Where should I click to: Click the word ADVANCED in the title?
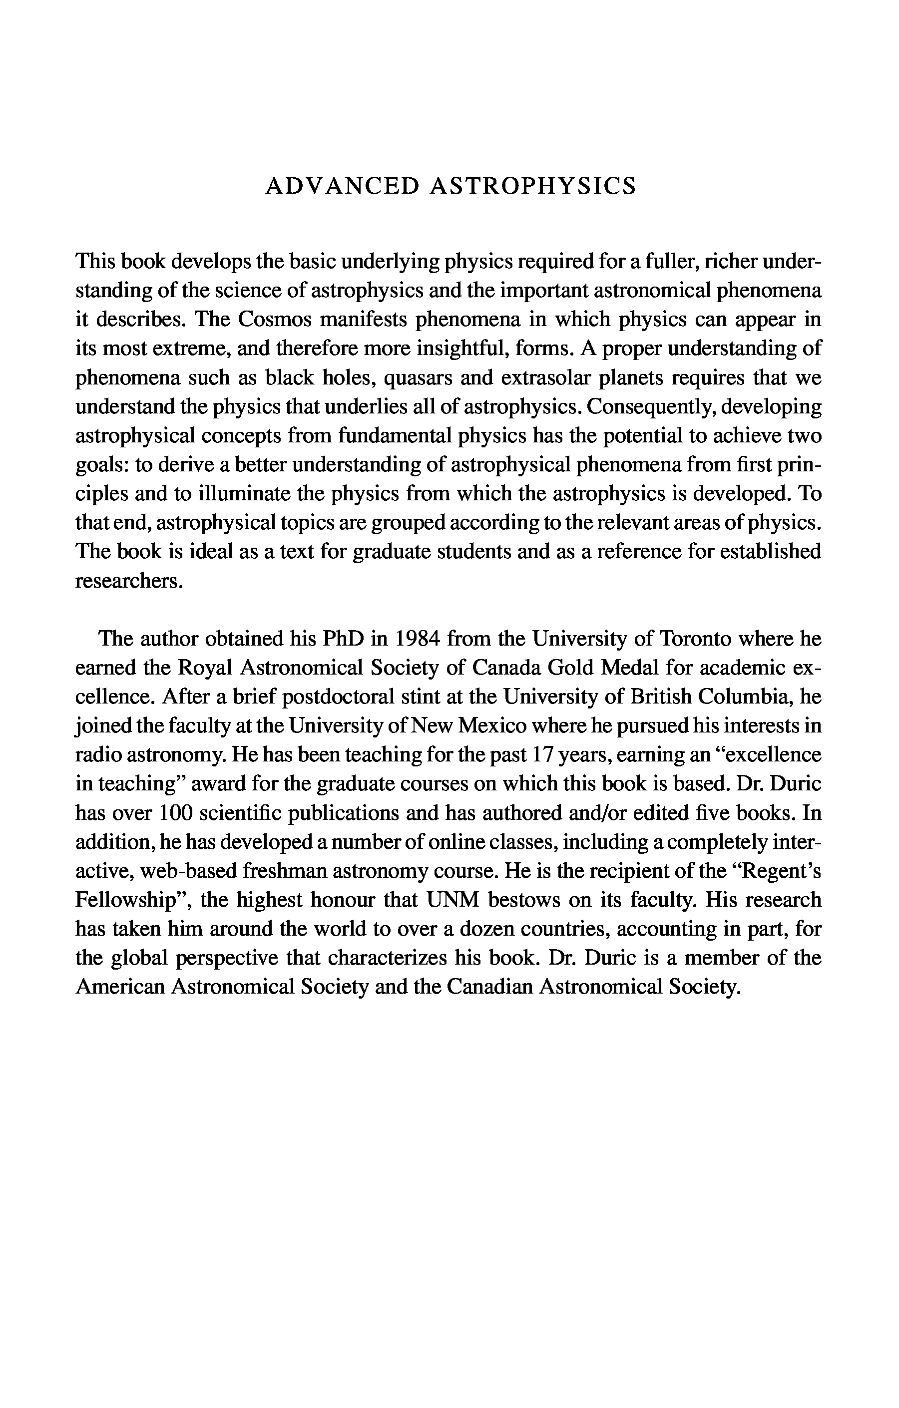342,186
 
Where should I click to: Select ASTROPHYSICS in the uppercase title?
533,186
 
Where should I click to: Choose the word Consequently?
650,407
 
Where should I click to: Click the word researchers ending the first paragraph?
129,581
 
